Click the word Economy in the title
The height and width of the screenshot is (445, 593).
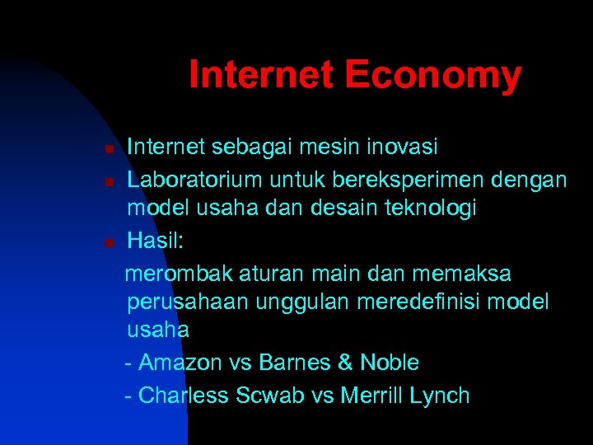click(x=433, y=75)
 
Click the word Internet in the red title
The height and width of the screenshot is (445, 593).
click(x=262, y=75)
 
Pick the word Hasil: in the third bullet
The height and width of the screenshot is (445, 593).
click(x=156, y=241)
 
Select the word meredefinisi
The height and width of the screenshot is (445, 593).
click(x=419, y=302)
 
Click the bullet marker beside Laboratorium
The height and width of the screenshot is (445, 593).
click(x=108, y=180)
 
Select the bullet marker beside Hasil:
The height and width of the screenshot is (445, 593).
click(x=108, y=242)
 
